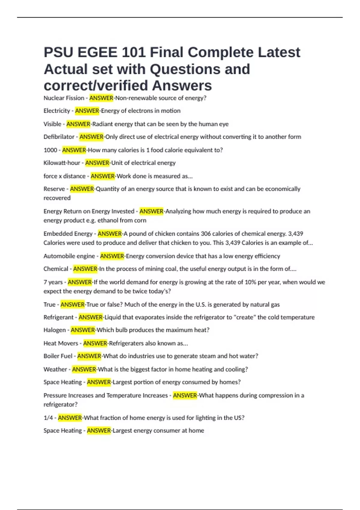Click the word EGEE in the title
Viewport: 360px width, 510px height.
[x=97, y=52]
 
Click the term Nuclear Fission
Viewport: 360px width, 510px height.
[x=64, y=98]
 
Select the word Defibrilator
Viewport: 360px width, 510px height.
[x=59, y=137]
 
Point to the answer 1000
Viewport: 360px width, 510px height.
[x=50, y=150]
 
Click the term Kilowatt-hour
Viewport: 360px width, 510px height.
[x=62, y=163]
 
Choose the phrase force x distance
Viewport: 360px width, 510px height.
[x=64, y=176]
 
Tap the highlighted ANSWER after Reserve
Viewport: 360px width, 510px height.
[x=82, y=189]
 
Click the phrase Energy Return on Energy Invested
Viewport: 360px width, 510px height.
[x=89, y=211]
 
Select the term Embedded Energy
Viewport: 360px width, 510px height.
[x=68, y=234]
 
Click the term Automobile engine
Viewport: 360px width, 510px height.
[x=69, y=256]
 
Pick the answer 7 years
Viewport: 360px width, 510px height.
[x=53, y=282]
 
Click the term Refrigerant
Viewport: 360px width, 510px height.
[x=58, y=317]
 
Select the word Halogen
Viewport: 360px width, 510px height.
[x=55, y=330]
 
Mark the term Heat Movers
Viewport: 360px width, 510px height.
[x=61, y=343]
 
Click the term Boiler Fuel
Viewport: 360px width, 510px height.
[x=58, y=356]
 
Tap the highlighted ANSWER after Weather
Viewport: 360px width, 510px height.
[x=84, y=369]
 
